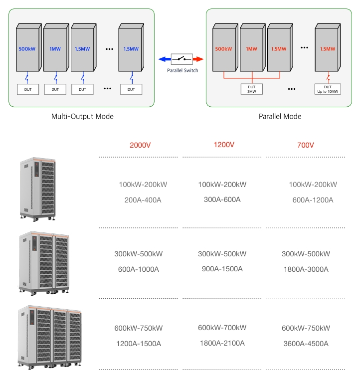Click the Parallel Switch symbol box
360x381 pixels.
click(181, 59)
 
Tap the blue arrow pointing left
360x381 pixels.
click(165, 59)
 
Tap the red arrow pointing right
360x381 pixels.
click(198, 59)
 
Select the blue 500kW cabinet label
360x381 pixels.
click(27, 49)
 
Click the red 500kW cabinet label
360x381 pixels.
click(223, 49)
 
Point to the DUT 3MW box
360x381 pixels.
click(252, 89)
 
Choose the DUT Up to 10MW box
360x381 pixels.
click(328, 89)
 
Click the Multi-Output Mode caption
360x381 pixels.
click(82, 116)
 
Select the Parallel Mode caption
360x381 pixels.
click(280, 116)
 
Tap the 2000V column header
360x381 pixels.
click(140, 145)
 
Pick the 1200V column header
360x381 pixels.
click(224, 145)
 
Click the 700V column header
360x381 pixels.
click(306, 145)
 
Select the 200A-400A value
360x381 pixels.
click(143, 200)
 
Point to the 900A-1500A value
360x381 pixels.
click(222, 269)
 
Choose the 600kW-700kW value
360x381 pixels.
click(222, 328)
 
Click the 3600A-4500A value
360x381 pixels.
click(306, 344)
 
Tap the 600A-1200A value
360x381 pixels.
click(313, 200)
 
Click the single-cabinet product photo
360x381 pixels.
click(38, 190)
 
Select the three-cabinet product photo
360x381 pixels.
click(49, 338)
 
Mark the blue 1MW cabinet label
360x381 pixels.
click(55, 49)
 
